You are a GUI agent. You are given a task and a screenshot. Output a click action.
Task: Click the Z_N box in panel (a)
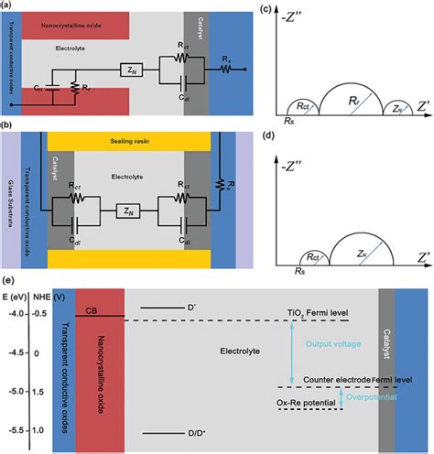click(x=129, y=68)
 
